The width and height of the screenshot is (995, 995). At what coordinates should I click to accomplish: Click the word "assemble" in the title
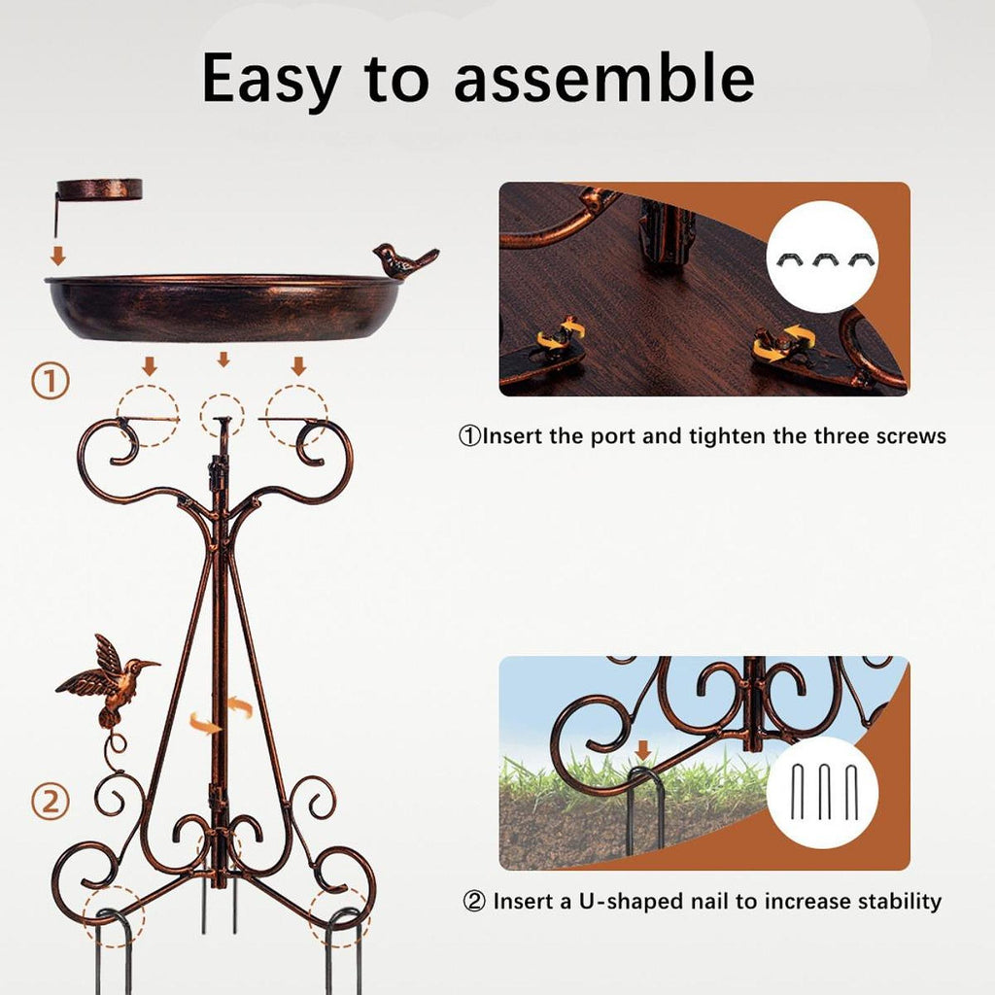coord(604,78)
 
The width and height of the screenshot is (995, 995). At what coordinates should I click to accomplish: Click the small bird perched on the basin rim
coord(404,260)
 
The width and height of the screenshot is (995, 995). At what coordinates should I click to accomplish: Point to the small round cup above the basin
coord(99,189)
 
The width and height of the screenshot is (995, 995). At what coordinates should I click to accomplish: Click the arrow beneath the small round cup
coord(58,257)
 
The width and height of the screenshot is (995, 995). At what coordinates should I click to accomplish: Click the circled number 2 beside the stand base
coord(51,802)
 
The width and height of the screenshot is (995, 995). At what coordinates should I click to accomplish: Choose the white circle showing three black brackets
coord(822,257)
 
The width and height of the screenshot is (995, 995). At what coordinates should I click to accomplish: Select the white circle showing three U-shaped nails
coord(822,792)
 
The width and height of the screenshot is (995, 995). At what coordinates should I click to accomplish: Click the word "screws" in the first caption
coord(910,436)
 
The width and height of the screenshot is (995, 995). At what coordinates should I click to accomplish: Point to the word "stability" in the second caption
coord(900,902)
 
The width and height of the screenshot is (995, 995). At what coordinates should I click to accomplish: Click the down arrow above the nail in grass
coord(643,751)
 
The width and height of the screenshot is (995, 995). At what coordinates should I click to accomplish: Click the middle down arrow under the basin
coord(223,360)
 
